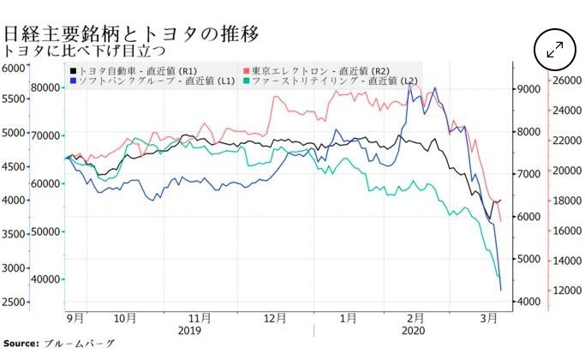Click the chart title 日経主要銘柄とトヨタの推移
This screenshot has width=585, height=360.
click(x=131, y=33)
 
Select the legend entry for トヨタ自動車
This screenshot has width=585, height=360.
click(x=136, y=69)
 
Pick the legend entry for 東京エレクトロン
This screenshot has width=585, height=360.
click(x=317, y=69)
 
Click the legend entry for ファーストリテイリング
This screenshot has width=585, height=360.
click(x=330, y=81)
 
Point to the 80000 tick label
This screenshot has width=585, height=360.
click(x=44, y=87)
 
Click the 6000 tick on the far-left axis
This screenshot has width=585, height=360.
click(x=15, y=69)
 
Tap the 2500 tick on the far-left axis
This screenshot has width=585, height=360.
click(x=15, y=302)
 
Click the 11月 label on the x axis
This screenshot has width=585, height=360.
click(x=200, y=317)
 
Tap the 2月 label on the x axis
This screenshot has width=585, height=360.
click(x=417, y=317)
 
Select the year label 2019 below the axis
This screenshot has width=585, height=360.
click(x=189, y=330)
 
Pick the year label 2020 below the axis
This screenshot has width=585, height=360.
click(x=413, y=330)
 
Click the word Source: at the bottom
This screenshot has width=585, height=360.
click(x=21, y=344)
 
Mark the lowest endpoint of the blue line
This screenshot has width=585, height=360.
click(x=500, y=291)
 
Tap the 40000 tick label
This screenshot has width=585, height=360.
click(x=44, y=279)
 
